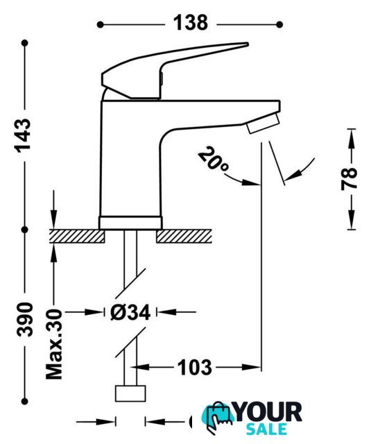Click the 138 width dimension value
click(191, 23)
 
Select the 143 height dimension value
click(23, 136)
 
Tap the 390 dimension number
click(25, 319)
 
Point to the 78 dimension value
click(350, 179)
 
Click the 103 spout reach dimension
click(194, 367)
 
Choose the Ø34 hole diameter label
click(130, 313)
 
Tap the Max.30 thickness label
click(54, 344)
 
